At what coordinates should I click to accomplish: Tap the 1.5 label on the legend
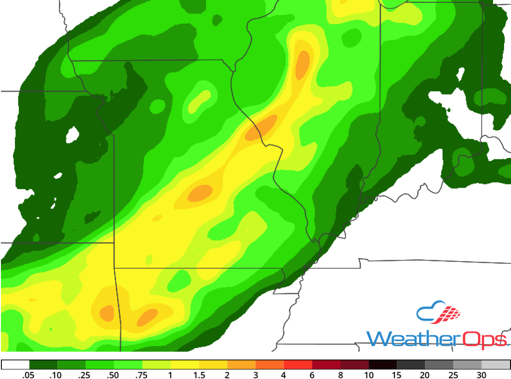(x=199, y=375)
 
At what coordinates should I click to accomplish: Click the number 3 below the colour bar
(x=256, y=375)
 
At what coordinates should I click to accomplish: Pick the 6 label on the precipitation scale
(x=313, y=375)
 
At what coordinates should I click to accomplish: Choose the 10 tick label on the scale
(x=369, y=375)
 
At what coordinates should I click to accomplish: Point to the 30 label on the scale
(x=482, y=375)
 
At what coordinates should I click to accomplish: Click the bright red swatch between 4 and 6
(x=298, y=365)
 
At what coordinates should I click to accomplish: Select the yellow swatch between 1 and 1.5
(x=185, y=365)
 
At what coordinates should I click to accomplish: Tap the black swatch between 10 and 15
(x=383, y=365)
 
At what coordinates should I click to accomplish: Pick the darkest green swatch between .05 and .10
(x=43, y=365)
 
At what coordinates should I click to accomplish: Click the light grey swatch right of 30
(x=496, y=365)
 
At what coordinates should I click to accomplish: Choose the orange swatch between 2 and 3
(x=242, y=365)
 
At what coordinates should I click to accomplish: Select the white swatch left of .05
(x=15, y=365)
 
